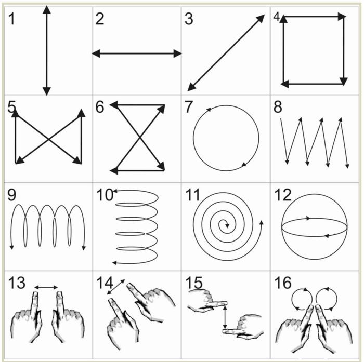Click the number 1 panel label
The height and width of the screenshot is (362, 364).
point(11,19)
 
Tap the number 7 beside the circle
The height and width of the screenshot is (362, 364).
point(189,107)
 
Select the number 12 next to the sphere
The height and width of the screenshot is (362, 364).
point(283,195)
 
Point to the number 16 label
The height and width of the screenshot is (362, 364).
point(283,283)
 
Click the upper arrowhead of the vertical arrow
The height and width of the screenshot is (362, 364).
point(47,10)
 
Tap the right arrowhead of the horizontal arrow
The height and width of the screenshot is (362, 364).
point(178,53)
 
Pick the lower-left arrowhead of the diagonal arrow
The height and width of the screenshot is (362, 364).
point(192,87)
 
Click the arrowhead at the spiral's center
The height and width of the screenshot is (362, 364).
point(227,225)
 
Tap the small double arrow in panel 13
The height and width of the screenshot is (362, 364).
point(46,288)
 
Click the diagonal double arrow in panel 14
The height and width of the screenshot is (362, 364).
point(115,287)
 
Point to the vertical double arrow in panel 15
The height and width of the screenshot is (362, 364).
point(225,317)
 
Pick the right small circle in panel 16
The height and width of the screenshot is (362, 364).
point(326,299)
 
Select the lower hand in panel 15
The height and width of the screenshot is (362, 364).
point(243,327)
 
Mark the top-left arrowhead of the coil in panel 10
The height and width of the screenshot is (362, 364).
point(115,191)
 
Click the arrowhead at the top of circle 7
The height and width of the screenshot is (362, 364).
point(209,110)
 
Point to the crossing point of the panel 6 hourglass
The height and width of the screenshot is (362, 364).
point(139,138)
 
